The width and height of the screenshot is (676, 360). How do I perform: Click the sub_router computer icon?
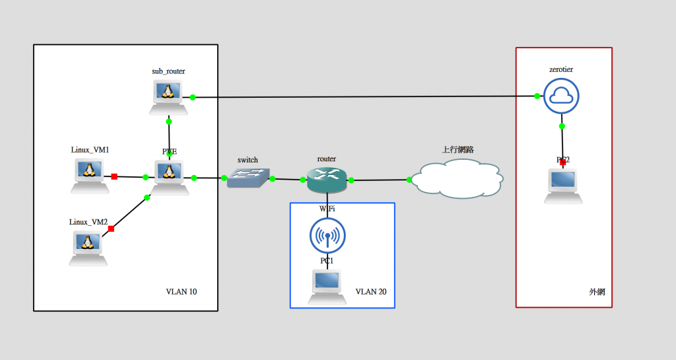pyautogui.click(x=170, y=96)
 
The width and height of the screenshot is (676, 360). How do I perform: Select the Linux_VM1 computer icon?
pyautogui.click(x=89, y=175)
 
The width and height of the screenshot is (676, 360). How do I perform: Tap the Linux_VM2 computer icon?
pyautogui.click(x=88, y=248)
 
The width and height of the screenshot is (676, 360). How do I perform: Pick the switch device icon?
pyautogui.click(x=248, y=177)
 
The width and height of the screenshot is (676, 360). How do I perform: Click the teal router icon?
pyautogui.click(x=326, y=179)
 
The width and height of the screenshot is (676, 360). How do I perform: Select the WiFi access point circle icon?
pyautogui.click(x=327, y=235)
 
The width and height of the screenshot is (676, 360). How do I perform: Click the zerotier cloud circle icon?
pyautogui.click(x=561, y=96)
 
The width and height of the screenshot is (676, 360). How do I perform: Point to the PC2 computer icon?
pyautogui.click(x=563, y=186)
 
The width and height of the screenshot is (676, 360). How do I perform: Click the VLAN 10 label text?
pyautogui.click(x=181, y=291)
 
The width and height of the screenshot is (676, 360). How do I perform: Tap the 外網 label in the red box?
pyautogui.click(x=597, y=291)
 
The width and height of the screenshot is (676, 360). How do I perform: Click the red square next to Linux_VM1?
pyautogui.click(x=114, y=176)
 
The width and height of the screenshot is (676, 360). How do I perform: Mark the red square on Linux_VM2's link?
pyautogui.click(x=111, y=229)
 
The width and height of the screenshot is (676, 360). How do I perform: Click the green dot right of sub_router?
pyautogui.click(x=193, y=97)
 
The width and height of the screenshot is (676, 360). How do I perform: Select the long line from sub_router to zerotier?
pyautogui.click(x=363, y=96)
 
